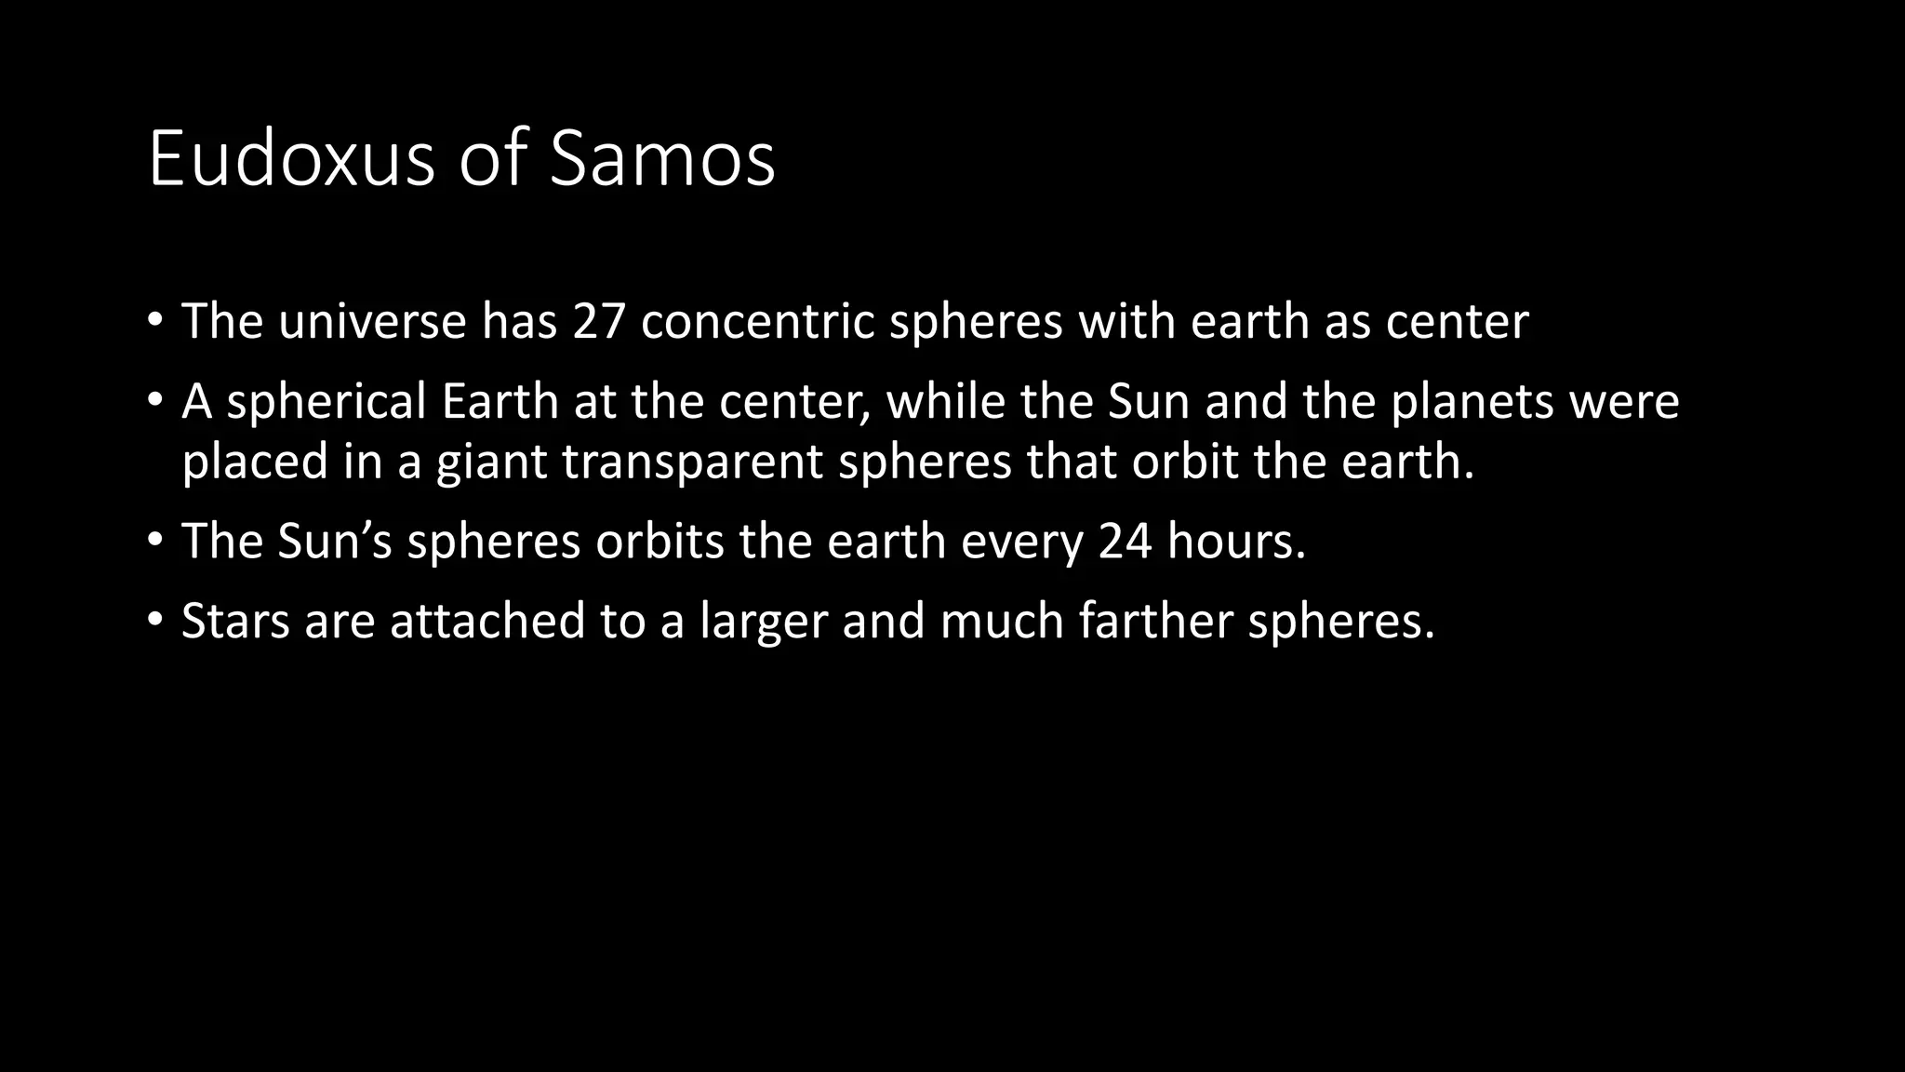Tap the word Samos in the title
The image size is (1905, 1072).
point(662,159)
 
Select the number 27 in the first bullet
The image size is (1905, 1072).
point(598,322)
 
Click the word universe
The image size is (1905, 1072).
point(372,322)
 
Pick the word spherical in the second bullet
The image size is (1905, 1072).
point(326,403)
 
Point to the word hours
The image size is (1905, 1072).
point(1236,542)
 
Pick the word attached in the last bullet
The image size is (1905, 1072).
point(487,621)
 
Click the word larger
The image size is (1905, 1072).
point(763,623)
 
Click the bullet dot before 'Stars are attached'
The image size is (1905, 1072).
point(155,621)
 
